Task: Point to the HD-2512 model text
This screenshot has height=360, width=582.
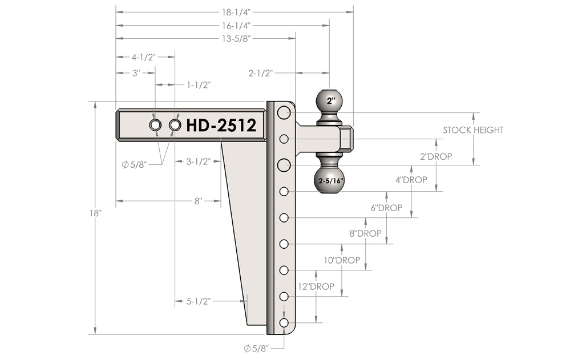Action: [221, 126]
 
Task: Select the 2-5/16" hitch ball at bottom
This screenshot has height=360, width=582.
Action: [331, 179]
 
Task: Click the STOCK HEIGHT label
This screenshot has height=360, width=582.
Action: [473, 130]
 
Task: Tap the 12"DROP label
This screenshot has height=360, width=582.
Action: [316, 286]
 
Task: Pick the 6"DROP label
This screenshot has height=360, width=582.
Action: [386, 208]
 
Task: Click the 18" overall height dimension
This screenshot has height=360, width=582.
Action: [95, 213]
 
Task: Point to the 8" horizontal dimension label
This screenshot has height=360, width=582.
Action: [198, 201]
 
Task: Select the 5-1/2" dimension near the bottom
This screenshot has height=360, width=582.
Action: [199, 301]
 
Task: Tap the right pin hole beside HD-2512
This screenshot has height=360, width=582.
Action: [175, 125]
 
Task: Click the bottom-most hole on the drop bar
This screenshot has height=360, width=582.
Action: [284, 323]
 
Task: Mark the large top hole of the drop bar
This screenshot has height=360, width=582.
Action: [284, 113]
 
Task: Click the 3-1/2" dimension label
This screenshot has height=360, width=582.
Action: [199, 161]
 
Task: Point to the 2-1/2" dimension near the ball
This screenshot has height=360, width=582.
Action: [261, 73]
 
